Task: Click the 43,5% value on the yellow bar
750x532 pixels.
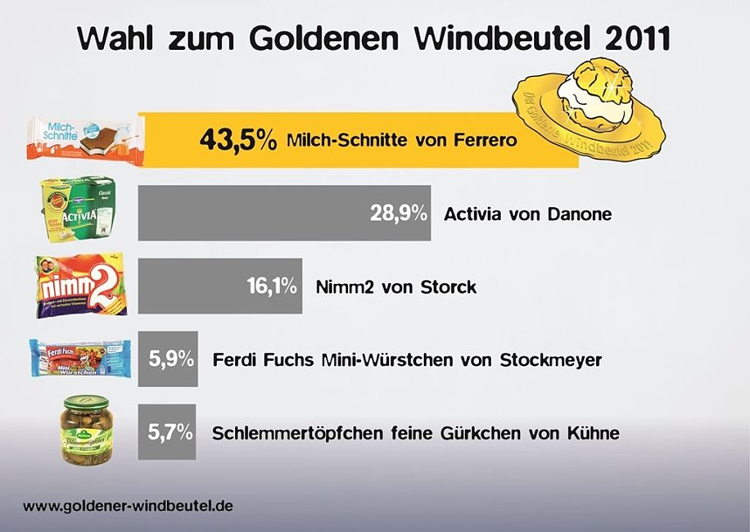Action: tap(238, 140)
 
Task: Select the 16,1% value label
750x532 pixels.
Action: tap(268, 286)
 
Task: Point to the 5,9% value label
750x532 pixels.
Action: tap(170, 358)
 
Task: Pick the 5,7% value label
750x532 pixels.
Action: tap(170, 432)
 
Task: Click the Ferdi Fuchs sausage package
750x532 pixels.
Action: tap(80, 358)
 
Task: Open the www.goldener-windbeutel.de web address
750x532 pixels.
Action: tap(128, 506)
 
